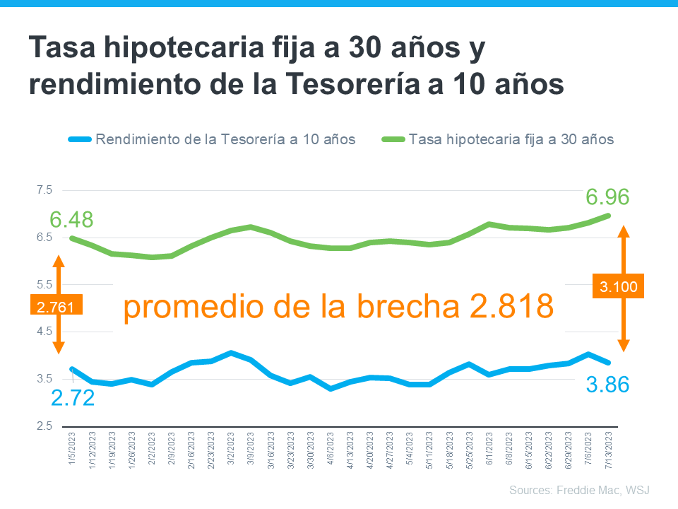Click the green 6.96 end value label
(607, 197)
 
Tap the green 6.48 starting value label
(71, 220)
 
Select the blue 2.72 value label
(72, 398)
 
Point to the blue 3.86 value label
(607, 385)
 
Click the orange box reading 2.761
(56, 305)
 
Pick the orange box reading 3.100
(619, 286)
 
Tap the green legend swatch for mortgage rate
(393, 139)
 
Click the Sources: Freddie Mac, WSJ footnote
(579, 490)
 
